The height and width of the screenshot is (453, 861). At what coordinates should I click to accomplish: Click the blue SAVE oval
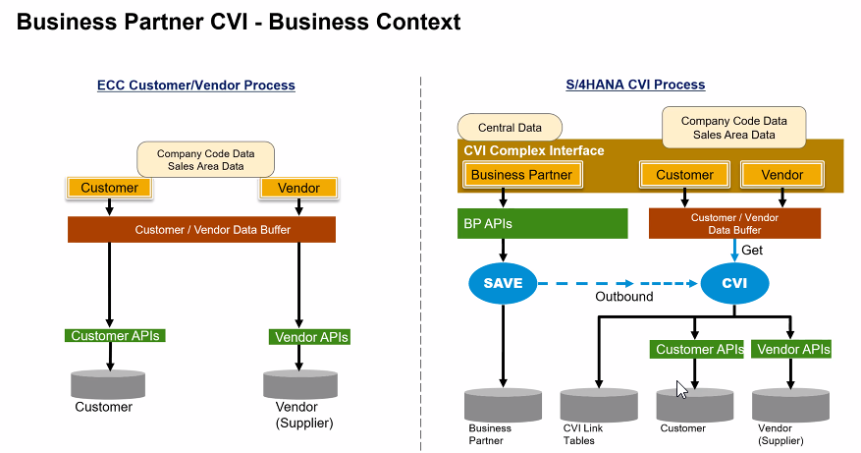click(x=503, y=283)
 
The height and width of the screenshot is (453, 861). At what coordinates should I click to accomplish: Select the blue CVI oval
click(x=734, y=283)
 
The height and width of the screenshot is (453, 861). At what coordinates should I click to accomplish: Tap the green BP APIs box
click(x=543, y=223)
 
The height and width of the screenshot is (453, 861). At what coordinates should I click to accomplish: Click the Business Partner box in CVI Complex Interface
click(x=522, y=175)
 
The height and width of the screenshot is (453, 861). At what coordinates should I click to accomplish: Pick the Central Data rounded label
click(x=510, y=128)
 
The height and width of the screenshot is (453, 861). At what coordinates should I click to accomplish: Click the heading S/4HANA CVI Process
click(x=635, y=85)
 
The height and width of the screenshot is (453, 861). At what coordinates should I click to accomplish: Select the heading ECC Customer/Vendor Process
click(x=196, y=85)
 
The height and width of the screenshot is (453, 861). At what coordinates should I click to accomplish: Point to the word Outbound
click(x=624, y=297)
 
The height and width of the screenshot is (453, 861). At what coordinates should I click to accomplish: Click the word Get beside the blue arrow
click(x=752, y=251)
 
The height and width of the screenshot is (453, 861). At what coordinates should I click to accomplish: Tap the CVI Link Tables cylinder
click(x=599, y=405)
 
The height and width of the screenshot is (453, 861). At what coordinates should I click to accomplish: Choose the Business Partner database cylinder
click(x=503, y=405)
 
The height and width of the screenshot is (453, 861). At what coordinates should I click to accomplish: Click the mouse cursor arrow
click(x=681, y=389)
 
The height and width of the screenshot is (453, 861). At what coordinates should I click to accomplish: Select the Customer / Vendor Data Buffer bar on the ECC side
click(x=201, y=229)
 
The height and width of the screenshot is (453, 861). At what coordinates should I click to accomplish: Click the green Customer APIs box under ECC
click(x=115, y=335)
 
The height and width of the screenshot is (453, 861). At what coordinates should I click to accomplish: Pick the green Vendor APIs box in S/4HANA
click(x=791, y=349)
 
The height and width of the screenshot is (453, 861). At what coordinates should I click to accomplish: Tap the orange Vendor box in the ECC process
click(x=298, y=188)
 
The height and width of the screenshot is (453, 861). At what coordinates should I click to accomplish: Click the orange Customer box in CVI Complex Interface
click(x=684, y=175)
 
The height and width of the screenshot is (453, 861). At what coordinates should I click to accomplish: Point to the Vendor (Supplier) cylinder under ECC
click(x=300, y=384)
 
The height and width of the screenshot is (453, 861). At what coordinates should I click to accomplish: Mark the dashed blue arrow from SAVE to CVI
click(x=618, y=284)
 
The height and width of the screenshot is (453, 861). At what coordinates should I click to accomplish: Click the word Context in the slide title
click(x=418, y=22)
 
